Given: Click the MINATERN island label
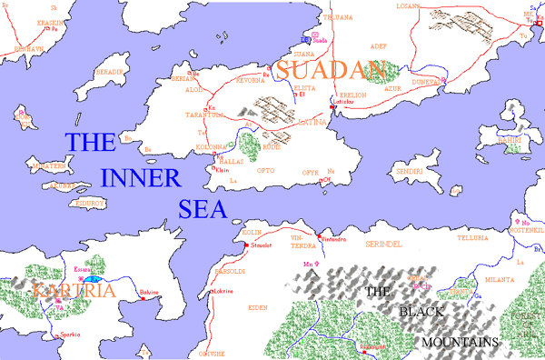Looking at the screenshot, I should pyautogui.click(x=50, y=167).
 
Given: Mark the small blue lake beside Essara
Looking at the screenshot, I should pyautogui.click(x=92, y=280).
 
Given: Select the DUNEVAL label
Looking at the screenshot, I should pyautogui.click(x=430, y=80).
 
